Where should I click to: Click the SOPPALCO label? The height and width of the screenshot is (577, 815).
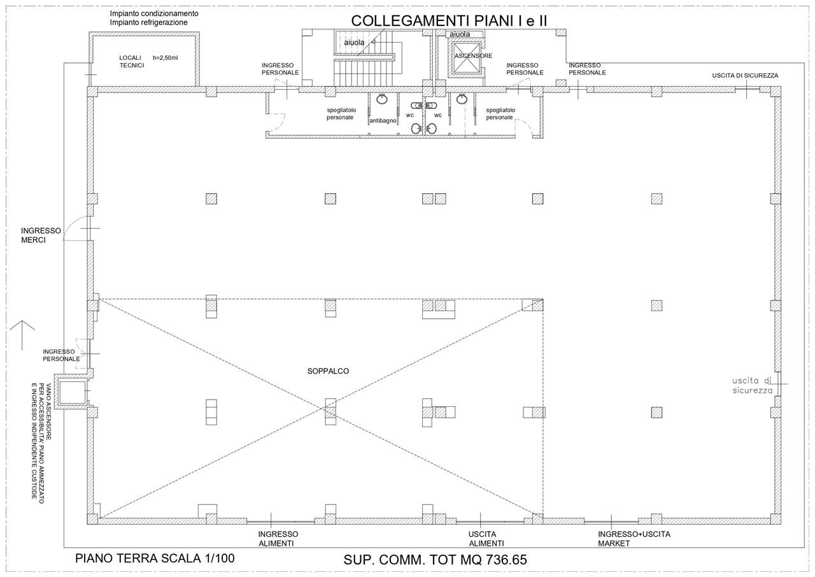(328, 370)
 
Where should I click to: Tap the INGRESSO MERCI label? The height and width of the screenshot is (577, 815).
(41, 235)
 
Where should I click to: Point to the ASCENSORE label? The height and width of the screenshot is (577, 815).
(473, 56)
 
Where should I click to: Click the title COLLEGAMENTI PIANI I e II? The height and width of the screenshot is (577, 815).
(450, 20)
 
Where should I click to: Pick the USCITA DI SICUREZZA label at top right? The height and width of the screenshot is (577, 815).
(745, 76)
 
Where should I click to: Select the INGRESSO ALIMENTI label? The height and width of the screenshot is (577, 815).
(276, 539)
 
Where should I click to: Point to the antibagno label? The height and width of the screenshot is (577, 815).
(383, 120)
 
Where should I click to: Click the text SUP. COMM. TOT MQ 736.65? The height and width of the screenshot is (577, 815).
(436, 560)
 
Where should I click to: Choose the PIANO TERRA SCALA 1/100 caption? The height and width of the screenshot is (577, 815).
(155, 559)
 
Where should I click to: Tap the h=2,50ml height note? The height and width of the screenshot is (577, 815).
(166, 57)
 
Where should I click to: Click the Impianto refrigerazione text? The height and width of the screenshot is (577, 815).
(148, 22)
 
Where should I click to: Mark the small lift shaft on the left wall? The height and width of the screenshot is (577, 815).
(72, 393)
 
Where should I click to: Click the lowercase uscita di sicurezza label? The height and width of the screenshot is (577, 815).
(752, 385)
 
